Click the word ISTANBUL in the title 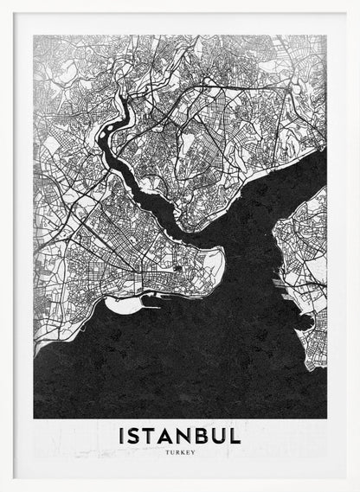179,435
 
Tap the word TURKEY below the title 179,451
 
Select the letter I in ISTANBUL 122,435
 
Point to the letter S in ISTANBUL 134,435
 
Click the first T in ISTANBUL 150,435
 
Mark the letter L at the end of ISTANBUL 235,435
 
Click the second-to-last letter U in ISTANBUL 218,435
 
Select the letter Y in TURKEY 194,451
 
